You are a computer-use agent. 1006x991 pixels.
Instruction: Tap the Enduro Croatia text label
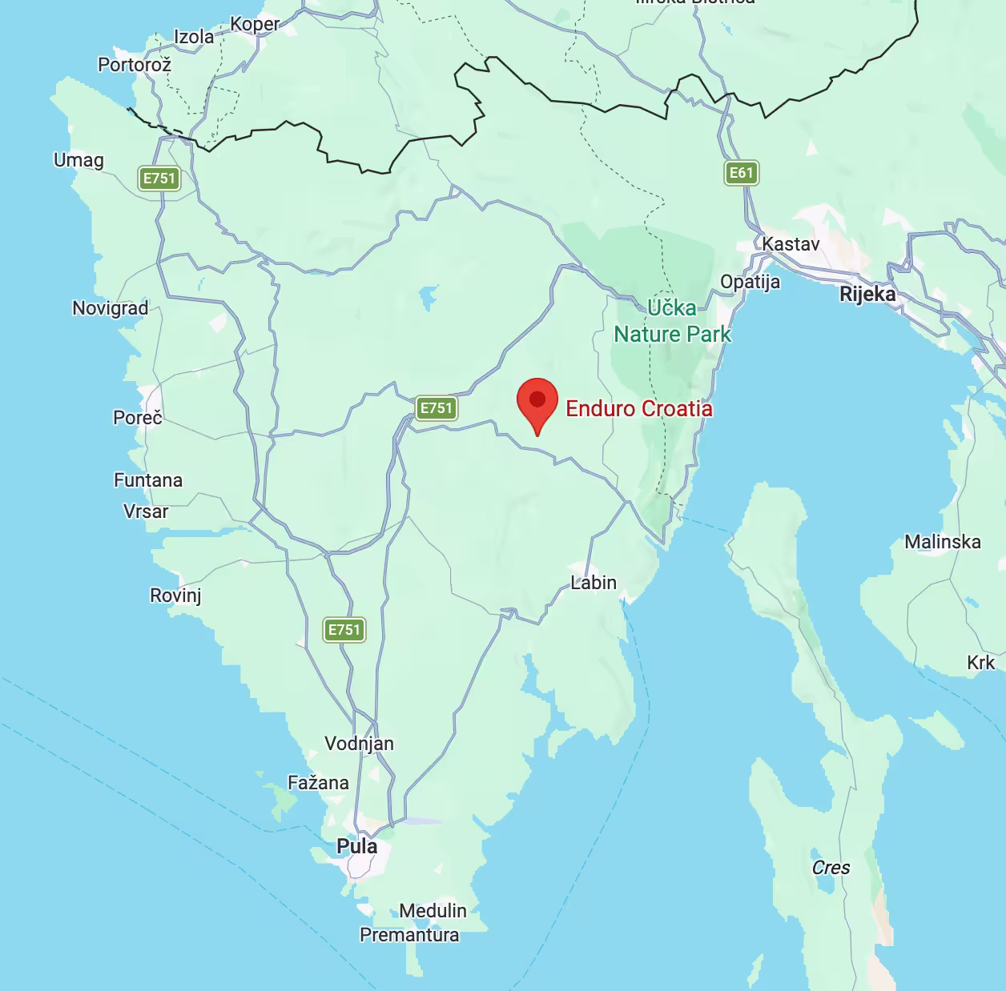click(x=638, y=408)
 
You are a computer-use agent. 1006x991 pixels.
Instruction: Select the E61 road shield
click(x=741, y=172)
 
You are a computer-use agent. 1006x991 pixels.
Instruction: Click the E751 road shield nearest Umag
click(x=159, y=178)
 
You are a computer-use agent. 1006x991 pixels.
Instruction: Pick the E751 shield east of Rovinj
click(x=344, y=629)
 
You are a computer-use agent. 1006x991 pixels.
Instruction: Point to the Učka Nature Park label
click(x=672, y=321)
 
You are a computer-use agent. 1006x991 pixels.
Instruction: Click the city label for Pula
click(x=356, y=846)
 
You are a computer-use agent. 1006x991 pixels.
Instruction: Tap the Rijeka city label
click(x=867, y=294)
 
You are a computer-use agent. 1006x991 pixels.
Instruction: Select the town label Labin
click(x=594, y=583)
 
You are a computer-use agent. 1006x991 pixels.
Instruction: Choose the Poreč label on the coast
click(x=137, y=417)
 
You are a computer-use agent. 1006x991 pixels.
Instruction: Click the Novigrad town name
click(x=110, y=308)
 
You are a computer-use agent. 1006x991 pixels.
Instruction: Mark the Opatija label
click(x=750, y=282)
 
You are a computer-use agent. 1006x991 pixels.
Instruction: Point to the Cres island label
click(x=831, y=868)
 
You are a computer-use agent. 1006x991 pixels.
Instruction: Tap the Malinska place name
click(x=942, y=542)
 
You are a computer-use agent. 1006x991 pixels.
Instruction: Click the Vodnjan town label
click(x=359, y=744)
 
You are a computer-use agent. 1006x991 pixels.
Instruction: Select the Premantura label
click(x=409, y=935)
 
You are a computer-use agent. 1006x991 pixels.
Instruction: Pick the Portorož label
click(x=135, y=65)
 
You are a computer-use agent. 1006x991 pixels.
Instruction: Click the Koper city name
click(x=255, y=24)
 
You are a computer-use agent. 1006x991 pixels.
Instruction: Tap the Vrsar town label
click(x=146, y=512)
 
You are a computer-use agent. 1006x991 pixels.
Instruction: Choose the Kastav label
click(x=791, y=244)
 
